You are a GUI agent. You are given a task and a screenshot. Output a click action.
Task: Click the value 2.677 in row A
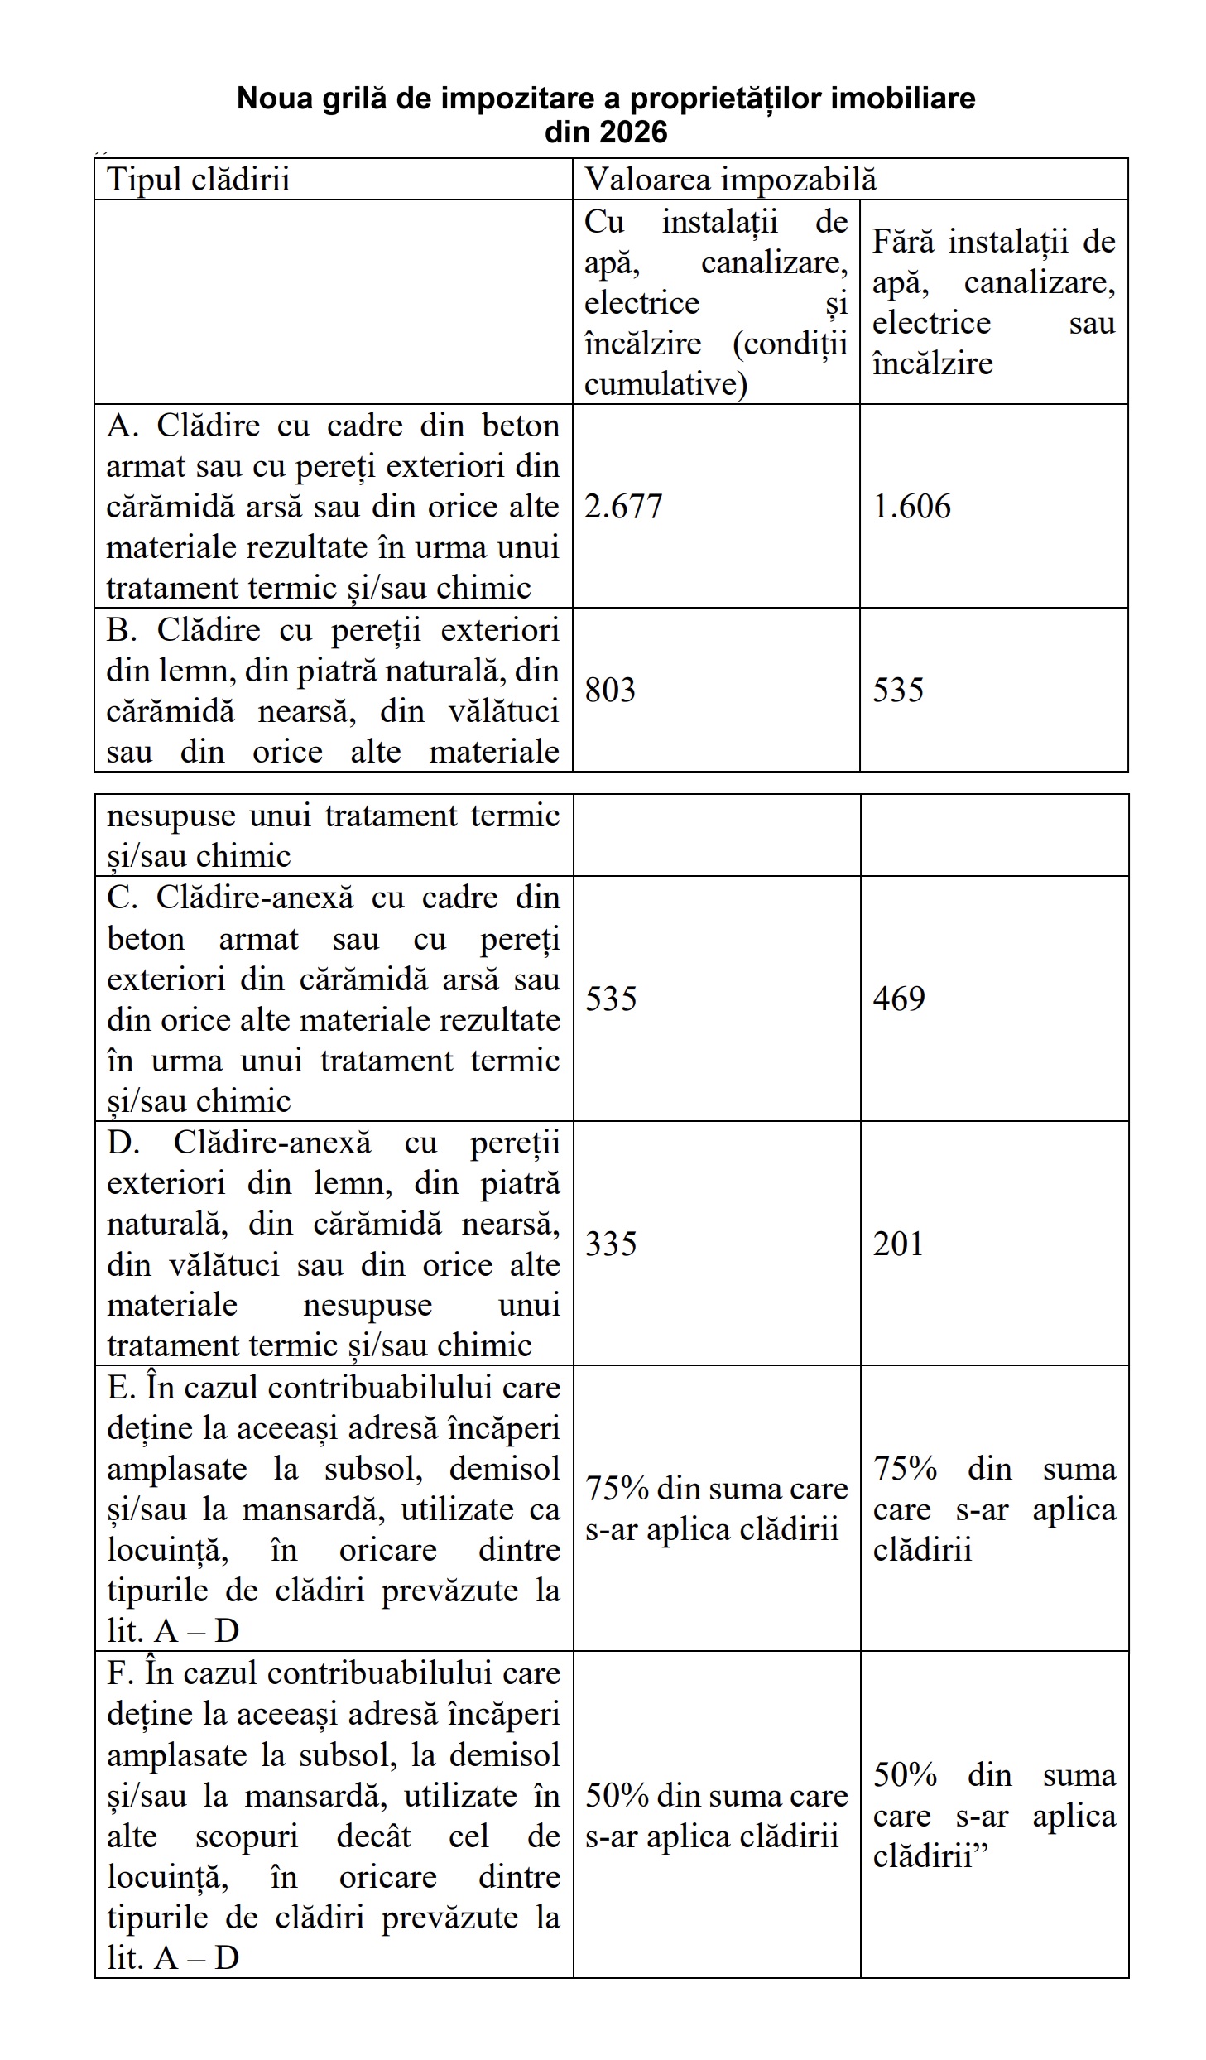click(x=623, y=507)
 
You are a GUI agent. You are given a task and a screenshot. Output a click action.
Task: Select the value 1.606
click(x=911, y=507)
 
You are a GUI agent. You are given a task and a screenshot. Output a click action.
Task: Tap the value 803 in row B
click(x=610, y=691)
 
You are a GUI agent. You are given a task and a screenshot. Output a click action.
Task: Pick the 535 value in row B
click(x=897, y=691)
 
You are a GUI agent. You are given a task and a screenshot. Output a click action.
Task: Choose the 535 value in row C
click(x=611, y=999)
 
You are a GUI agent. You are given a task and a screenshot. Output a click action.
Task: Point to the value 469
click(x=898, y=999)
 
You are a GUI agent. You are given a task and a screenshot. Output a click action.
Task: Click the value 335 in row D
click(x=611, y=1244)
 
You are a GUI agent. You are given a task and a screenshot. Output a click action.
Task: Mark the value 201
click(x=897, y=1244)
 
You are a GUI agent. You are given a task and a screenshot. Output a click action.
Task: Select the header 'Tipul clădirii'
click(x=199, y=180)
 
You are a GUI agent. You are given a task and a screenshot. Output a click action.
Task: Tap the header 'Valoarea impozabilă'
click(x=730, y=180)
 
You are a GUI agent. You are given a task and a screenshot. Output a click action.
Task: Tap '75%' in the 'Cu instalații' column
click(x=617, y=1489)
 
